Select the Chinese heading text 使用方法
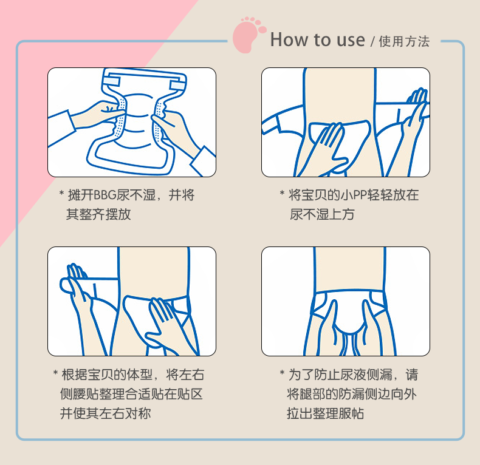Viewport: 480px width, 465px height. point(404,42)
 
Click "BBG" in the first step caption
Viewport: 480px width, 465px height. point(105,195)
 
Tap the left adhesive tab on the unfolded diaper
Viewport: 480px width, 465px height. point(111,81)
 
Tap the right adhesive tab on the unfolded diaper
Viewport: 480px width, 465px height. point(177,86)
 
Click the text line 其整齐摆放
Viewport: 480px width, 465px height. point(98,214)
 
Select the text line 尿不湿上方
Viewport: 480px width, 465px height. point(322,214)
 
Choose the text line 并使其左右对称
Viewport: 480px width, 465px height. point(105,413)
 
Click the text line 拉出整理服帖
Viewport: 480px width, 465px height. point(326,413)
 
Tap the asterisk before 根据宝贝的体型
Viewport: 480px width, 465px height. point(55,373)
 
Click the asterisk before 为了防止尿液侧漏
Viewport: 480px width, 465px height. point(283,373)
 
